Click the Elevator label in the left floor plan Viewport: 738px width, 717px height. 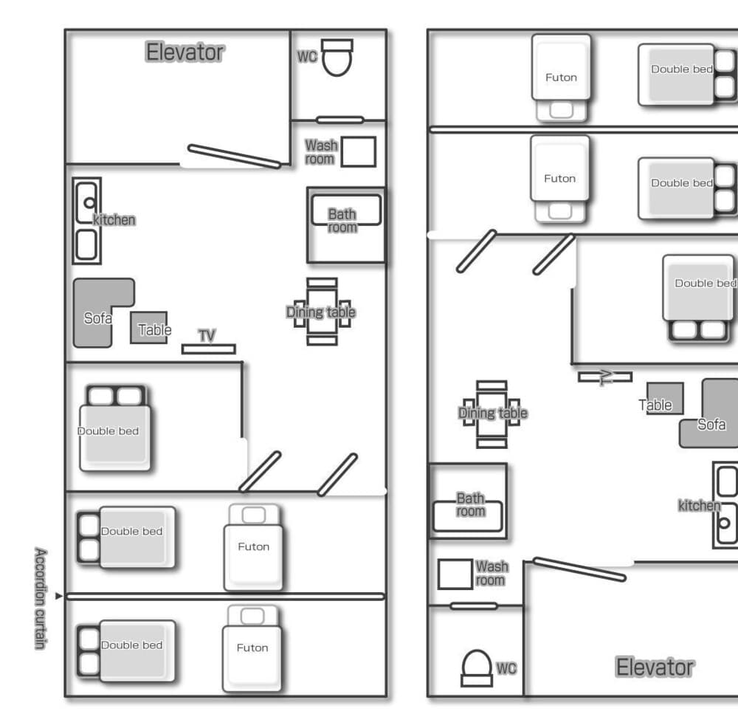[184, 52]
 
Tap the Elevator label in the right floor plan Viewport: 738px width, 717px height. [655, 668]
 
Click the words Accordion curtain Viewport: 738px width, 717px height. [41, 598]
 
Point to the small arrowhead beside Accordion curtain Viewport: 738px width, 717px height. [59, 595]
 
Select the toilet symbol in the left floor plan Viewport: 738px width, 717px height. [337, 58]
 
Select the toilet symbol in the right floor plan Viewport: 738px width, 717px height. [476, 668]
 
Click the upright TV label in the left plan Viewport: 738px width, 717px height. [207, 336]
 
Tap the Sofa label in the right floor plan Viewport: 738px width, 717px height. [711, 425]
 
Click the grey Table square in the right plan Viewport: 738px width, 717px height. [665, 398]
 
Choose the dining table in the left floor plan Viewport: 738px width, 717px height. [322, 312]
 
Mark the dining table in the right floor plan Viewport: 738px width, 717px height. [492, 414]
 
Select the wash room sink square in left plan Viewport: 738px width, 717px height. [359, 151]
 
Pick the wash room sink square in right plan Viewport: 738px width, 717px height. [455, 574]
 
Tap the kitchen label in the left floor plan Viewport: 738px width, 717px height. [114, 219]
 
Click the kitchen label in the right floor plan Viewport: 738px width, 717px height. [698, 505]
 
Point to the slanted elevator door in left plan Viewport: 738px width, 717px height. [234, 156]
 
